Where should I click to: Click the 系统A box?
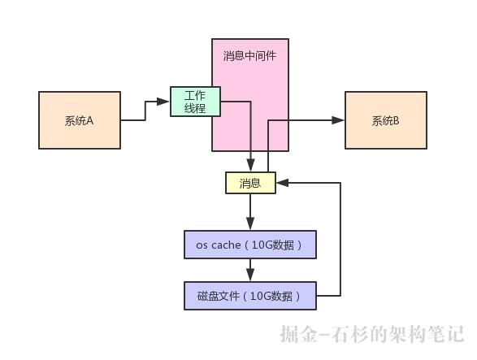point(80,120)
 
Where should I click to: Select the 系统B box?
point(386,120)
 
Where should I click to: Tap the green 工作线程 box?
point(195,102)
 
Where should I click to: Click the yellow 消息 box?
point(250,183)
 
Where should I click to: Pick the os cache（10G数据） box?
point(249,245)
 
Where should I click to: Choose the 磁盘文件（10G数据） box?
point(249,296)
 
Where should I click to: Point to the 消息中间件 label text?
point(249,56)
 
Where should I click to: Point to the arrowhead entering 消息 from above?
point(251,167)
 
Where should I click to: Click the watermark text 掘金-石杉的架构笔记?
point(371,334)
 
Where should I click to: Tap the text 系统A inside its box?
point(80,120)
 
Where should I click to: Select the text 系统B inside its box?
point(386,120)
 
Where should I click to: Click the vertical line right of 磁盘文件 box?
point(340,240)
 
